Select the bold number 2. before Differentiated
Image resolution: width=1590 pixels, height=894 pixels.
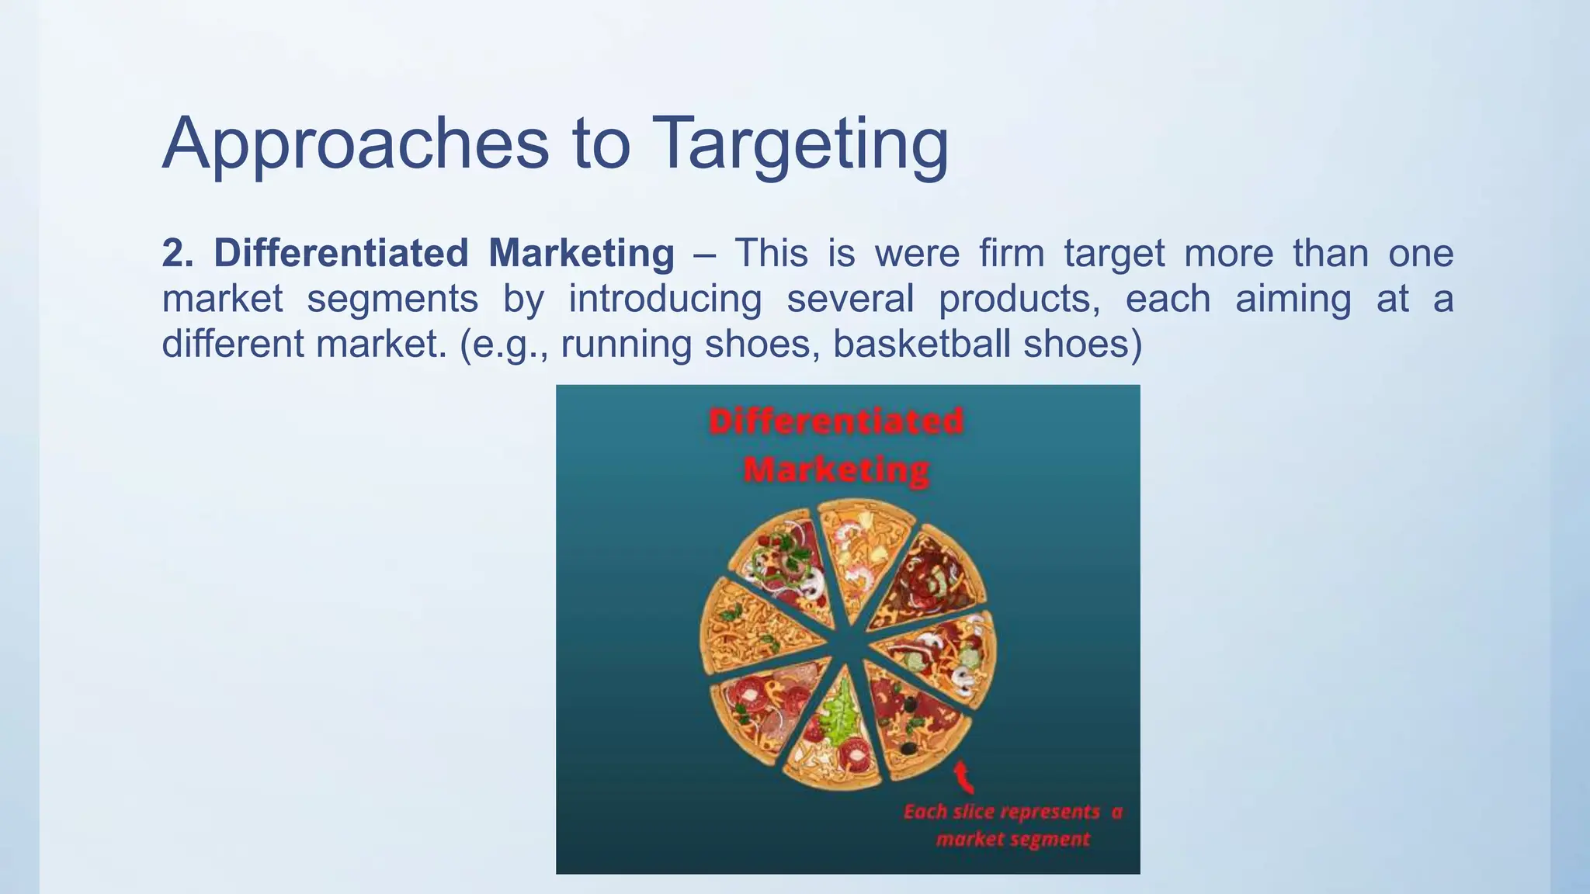[x=178, y=254]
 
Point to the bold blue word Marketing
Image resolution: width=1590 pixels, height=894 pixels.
[x=581, y=254]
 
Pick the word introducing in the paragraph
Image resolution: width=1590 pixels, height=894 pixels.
[x=665, y=299]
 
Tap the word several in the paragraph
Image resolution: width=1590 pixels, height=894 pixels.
[x=850, y=299]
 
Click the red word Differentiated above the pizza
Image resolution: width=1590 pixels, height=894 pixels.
[x=836, y=421]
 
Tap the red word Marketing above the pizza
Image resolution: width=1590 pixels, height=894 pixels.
[x=836, y=470]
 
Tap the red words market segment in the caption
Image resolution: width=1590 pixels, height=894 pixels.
[x=1012, y=839]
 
